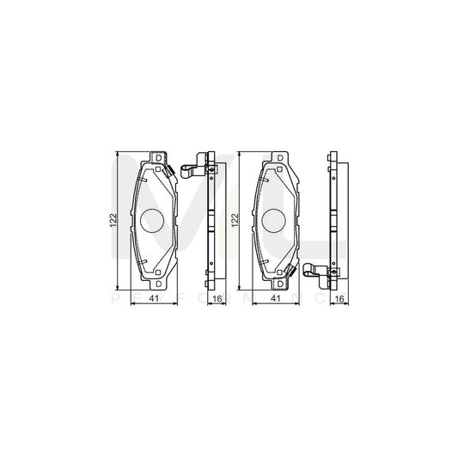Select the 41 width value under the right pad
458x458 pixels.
pos(274,298)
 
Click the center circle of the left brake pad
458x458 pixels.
pos(154,222)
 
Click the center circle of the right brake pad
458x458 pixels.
pos(278,222)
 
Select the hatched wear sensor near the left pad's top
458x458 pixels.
pos(173,170)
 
